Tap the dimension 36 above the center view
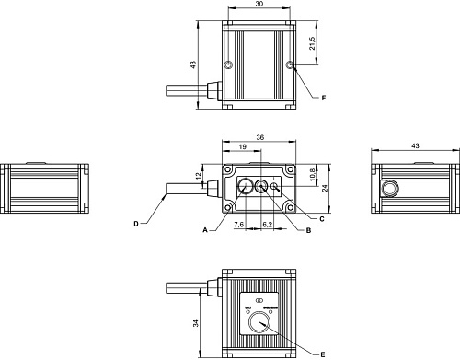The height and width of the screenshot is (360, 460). point(259,137)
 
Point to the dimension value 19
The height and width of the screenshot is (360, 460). point(240,146)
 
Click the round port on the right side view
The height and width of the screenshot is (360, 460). point(390,188)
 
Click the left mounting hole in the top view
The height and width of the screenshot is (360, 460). point(228,64)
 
